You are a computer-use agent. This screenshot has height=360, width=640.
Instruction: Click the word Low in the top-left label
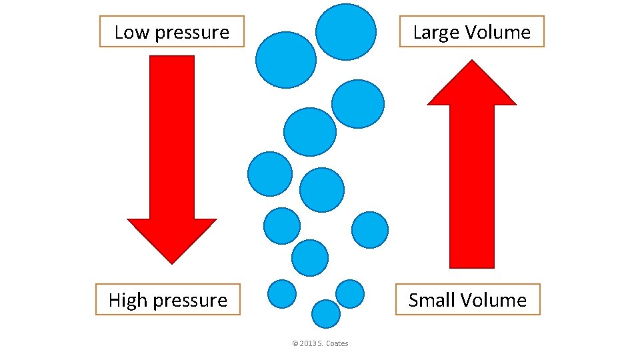pyautogui.click(x=129, y=32)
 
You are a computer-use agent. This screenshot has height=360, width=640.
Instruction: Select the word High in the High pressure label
pyautogui.click(x=127, y=300)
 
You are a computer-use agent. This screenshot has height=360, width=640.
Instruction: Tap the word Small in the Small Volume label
pyautogui.click(x=430, y=300)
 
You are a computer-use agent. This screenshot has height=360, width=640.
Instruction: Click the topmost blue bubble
pyautogui.click(x=345, y=31)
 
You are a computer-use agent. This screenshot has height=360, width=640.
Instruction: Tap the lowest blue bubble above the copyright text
pyautogui.click(x=326, y=313)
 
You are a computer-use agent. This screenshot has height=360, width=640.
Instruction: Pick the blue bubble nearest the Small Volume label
pyautogui.click(x=350, y=293)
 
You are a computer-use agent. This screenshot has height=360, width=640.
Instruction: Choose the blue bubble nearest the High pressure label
pyautogui.click(x=281, y=293)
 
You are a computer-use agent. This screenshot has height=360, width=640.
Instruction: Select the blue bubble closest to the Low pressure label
pyautogui.click(x=286, y=60)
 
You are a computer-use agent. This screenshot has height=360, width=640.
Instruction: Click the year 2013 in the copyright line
pyautogui.click(x=308, y=344)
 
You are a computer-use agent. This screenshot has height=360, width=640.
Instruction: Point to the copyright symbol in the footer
pyautogui.click(x=295, y=344)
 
